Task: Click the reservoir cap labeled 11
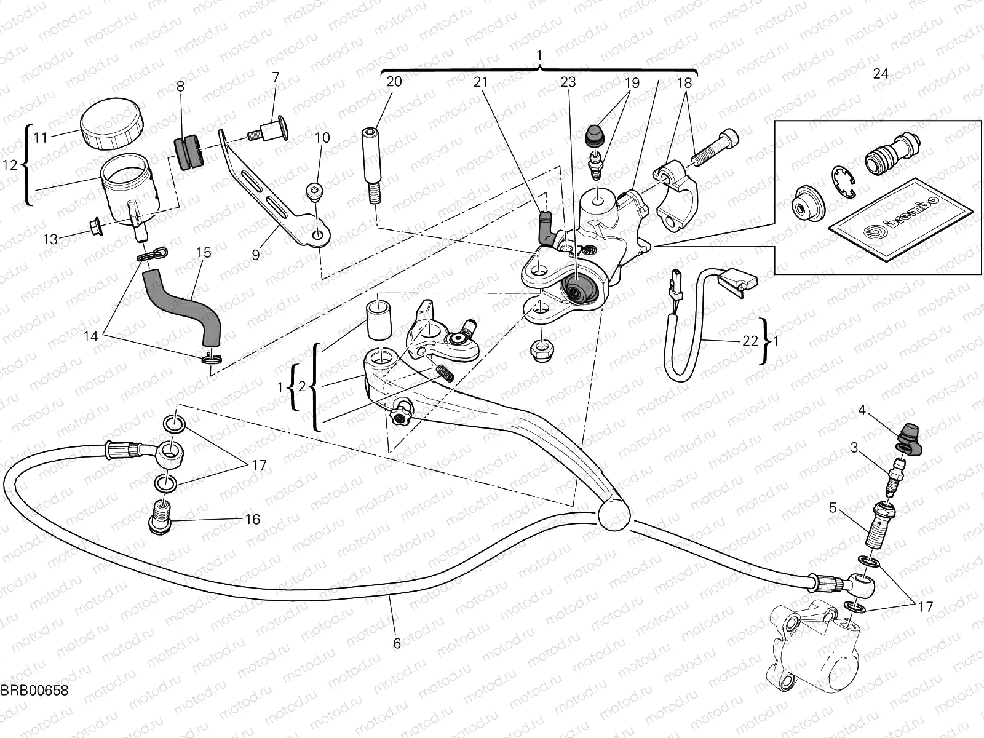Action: (x=111, y=123)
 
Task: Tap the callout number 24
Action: (x=881, y=74)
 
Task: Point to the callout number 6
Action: (x=397, y=643)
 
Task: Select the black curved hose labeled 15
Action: (x=183, y=305)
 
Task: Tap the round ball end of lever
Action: (x=613, y=514)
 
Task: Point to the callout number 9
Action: (x=256, y=253)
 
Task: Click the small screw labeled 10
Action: (x=315, y=192)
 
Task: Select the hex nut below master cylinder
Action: (x=539, y=350)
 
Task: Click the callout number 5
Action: (x=833, y=508)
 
